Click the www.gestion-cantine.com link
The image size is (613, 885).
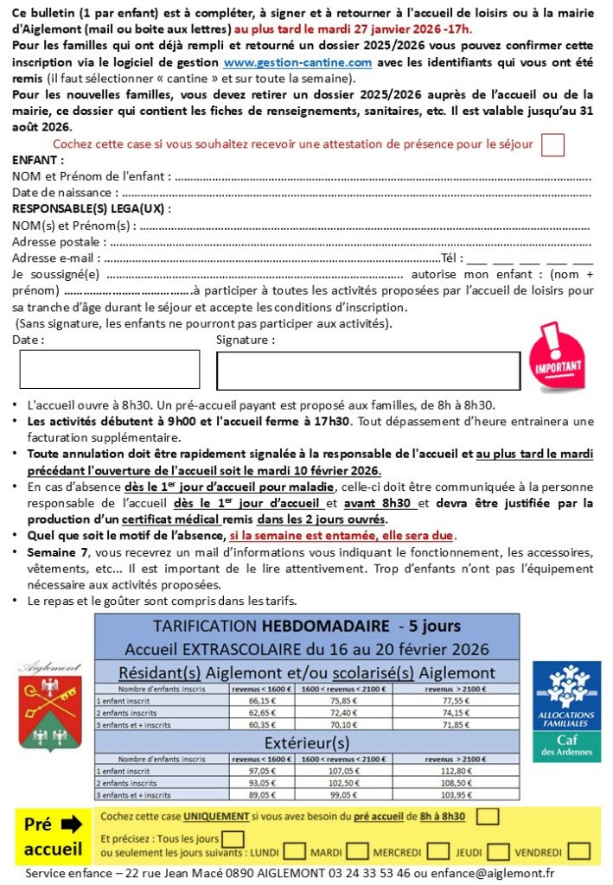[297, 63]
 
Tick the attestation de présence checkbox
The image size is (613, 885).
[552, 144]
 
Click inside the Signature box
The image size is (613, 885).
[367, 371]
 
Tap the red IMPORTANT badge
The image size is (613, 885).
[555, 357]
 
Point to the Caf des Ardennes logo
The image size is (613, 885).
[566, 710]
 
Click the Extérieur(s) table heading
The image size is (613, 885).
[307, 742]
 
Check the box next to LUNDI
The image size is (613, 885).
[294, 852]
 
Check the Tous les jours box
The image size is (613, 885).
[233, 838]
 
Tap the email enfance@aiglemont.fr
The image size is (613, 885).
[499, 874]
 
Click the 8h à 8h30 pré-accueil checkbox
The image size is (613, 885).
[488, 817]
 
